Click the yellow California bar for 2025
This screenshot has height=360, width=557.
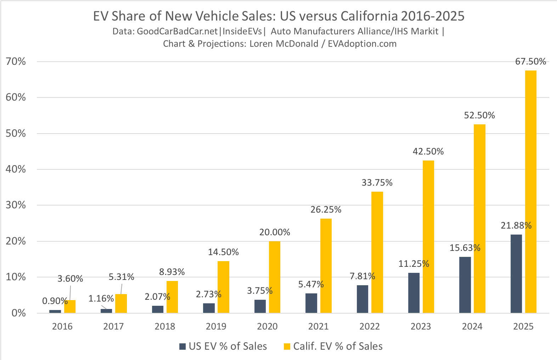530,191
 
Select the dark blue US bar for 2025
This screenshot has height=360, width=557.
516,274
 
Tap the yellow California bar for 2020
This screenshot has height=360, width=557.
274,277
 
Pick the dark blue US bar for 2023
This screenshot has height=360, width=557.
413,293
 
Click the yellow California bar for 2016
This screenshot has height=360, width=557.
70,306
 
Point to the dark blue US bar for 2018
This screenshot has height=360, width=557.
158,309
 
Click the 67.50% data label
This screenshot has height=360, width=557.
530,62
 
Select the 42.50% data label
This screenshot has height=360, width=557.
428,152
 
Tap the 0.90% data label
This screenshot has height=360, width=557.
55,301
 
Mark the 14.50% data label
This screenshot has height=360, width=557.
223,252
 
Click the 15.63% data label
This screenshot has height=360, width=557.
465,248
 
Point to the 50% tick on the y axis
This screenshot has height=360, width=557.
16,134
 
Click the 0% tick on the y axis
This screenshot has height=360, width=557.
18,313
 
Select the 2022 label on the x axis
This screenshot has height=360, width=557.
370,327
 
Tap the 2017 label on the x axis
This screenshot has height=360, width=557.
113,327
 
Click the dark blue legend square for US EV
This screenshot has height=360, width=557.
182,347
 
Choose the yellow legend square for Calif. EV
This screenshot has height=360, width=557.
287,347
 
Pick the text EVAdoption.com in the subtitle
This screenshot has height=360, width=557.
362,44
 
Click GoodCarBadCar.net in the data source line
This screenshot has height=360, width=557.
177,32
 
